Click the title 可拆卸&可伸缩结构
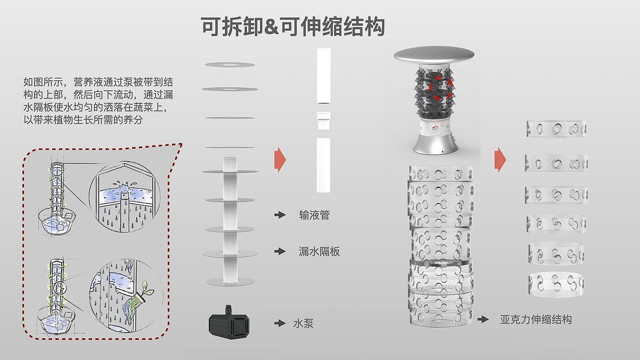(293, 27)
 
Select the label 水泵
(303, 324)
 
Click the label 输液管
(314, 215)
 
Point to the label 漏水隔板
(319, 251)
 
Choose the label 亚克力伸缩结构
(536, 319)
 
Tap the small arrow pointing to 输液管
(280, 215)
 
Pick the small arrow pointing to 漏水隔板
(280, 251)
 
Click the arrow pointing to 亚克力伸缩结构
(483, 319)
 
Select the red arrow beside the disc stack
(280, 160)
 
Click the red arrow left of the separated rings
(501, 160)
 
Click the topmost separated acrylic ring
(556, 129)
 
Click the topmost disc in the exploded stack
(229, 65)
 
